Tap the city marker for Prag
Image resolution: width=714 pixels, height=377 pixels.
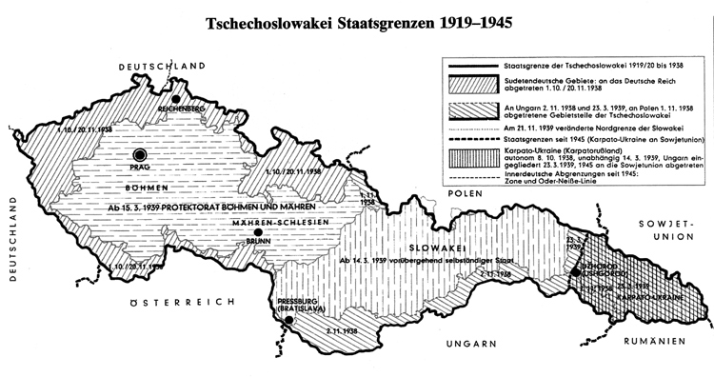point(141,153)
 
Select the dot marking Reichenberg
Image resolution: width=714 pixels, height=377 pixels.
point(175,97)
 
